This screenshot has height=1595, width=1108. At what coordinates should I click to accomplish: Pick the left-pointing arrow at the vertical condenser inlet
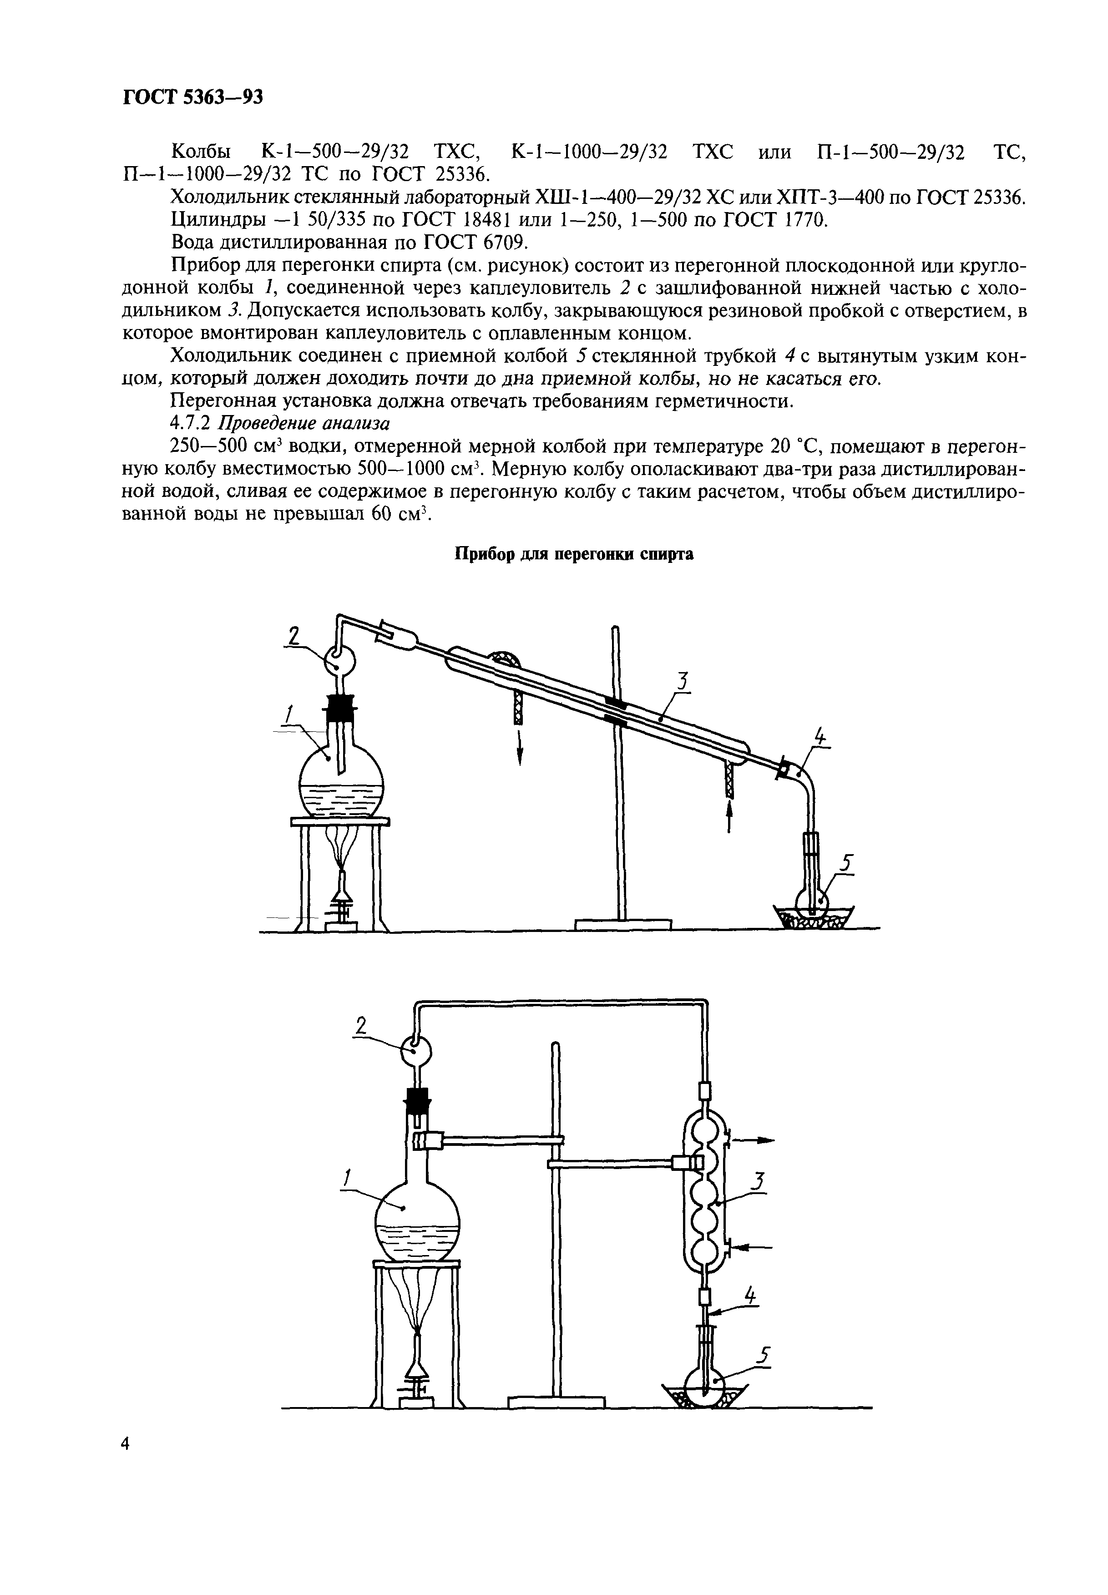point(753,1247)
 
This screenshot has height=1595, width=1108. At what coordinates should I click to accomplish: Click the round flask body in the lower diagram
point(417,1223)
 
